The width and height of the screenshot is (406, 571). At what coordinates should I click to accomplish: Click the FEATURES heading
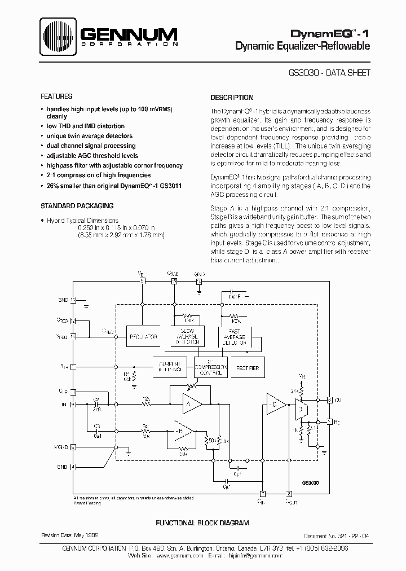pos(57,97)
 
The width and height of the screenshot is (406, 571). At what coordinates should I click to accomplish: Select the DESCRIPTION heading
pos(232,97)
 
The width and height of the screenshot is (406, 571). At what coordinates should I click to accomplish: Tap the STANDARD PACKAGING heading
pos(78,206)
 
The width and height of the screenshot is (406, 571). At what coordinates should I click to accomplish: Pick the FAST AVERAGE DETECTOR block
pos(235,336)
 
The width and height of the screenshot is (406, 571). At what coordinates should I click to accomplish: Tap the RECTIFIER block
pos(248,367)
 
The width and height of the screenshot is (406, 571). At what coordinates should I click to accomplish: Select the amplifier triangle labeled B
pos(186,432)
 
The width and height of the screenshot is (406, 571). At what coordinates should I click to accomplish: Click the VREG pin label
pos(62,337)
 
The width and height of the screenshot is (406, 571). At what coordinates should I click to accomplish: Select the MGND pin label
pos(61,447)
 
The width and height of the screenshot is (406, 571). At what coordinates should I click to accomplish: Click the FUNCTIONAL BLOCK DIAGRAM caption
pos(202,523)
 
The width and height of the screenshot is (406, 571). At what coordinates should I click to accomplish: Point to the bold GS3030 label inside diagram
pos(311,483)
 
